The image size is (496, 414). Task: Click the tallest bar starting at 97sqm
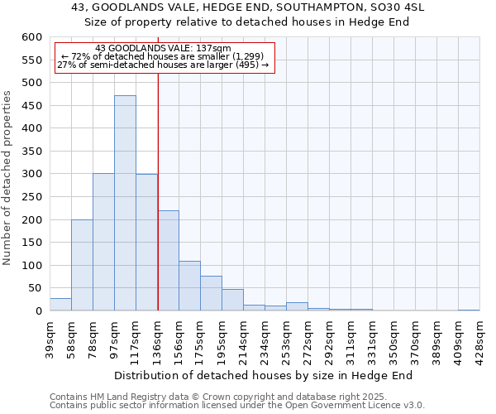125,203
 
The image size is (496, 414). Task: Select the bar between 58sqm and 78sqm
82,265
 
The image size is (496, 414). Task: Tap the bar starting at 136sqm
168,261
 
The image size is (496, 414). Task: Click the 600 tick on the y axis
31,37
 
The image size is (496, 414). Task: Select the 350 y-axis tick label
31,152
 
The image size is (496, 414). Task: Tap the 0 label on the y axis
38,311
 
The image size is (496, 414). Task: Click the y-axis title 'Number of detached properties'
7,178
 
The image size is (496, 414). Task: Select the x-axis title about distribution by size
263,375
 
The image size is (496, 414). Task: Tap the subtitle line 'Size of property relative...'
247,22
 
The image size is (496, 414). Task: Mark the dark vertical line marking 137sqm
158,190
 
